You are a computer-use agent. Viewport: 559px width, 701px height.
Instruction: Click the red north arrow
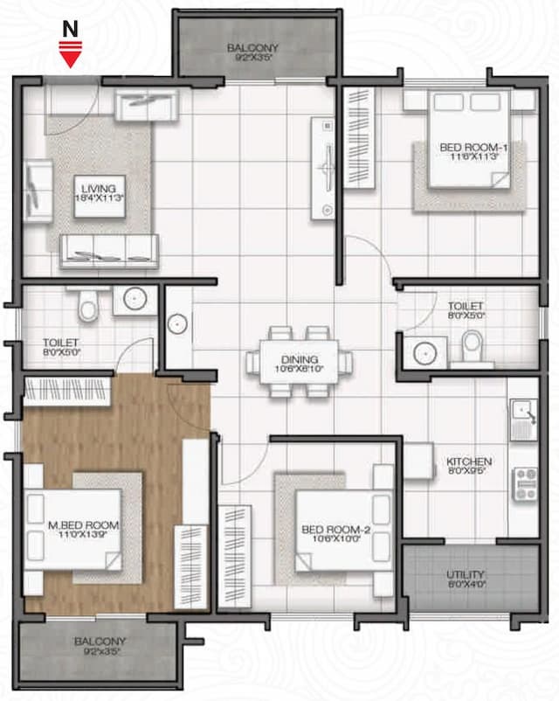69,56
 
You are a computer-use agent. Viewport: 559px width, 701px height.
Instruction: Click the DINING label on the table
299,359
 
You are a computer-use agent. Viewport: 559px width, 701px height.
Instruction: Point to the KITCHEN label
469,462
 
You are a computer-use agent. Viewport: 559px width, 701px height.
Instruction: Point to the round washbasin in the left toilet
134,300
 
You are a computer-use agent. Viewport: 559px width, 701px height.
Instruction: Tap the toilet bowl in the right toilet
472,347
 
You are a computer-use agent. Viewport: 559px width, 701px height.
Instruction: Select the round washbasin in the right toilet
424,352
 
